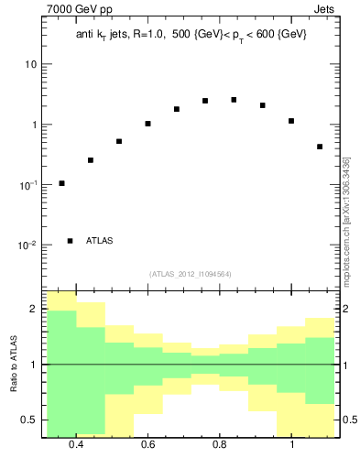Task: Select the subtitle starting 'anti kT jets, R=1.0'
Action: click(191, 34)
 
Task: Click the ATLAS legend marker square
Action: click(70, 241)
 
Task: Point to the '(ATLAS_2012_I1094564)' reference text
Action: click(191, 274)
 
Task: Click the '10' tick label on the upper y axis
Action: click(30, 64)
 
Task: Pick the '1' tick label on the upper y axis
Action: click(34, 125)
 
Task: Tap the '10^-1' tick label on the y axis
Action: click(29, 184)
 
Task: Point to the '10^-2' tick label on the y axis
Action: click(29, 245)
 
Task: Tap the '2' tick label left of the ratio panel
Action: click(34, 310)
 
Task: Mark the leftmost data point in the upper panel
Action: click(61, 183)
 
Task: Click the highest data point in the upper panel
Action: click(234, 100)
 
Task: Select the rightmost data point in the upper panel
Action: click(320, 147)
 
